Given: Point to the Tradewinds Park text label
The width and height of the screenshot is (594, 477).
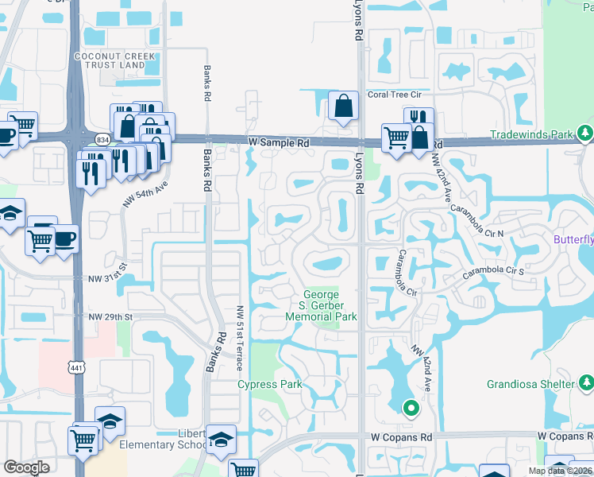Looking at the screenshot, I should click(x=530, y=134).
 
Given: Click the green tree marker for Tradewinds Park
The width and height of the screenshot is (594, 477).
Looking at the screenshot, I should click(x=585, y=132).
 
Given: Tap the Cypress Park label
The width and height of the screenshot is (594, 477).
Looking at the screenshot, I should click(x=270, y=385).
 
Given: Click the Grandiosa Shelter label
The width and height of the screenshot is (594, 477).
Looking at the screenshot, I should click(x=530, y=384).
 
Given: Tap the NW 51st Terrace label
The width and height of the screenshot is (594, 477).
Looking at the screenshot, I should click(x=239, y=339).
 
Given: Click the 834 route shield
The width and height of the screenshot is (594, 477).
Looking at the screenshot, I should click(x=102, y=139).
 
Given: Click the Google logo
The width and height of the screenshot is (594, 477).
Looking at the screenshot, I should click(x=26, y=467).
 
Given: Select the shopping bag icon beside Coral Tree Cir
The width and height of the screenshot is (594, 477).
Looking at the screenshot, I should click(x=342, y=107).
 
